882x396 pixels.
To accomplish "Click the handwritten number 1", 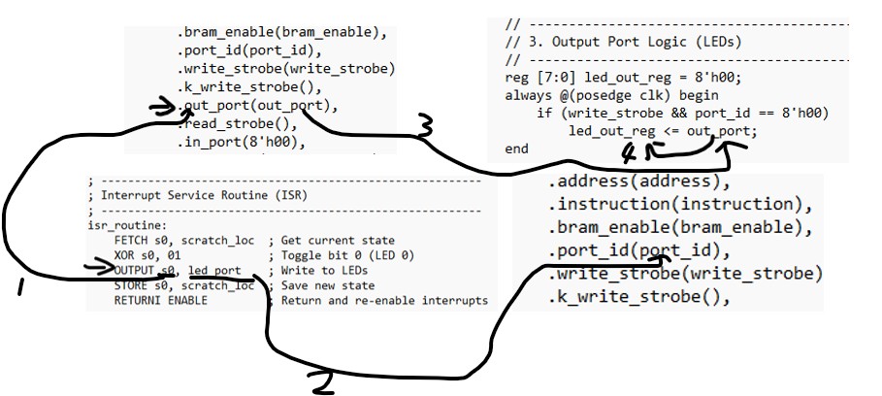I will point(21,289).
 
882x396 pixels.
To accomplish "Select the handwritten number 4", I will point(629,154).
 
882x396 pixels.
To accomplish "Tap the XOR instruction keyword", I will point(126,255).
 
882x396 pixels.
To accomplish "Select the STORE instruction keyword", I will point(133,285).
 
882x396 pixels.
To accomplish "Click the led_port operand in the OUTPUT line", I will point(214,271).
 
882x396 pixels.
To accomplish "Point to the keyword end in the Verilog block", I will point(517,148).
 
